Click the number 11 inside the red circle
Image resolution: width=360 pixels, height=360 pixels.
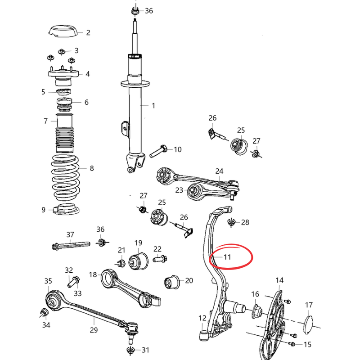227,257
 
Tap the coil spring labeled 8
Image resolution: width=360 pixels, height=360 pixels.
65,178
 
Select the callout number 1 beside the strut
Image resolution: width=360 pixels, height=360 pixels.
153,106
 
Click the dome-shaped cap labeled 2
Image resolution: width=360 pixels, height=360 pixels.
63,31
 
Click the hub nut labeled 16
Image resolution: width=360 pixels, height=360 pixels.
257,311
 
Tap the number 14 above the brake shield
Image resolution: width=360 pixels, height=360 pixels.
279,280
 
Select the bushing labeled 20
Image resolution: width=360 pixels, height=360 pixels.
172,282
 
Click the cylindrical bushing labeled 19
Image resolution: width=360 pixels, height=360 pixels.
138,261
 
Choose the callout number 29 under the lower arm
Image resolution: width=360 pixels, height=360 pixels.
94,330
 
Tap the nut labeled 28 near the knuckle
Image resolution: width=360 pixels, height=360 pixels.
231,222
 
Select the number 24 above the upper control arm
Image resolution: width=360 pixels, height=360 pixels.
219,171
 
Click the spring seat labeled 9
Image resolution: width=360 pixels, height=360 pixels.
66,209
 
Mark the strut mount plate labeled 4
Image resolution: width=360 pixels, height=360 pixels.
63,74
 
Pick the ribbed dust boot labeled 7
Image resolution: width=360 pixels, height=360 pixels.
65,133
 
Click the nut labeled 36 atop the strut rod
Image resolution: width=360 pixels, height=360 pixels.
135,11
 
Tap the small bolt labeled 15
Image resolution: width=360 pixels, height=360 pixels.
292,344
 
